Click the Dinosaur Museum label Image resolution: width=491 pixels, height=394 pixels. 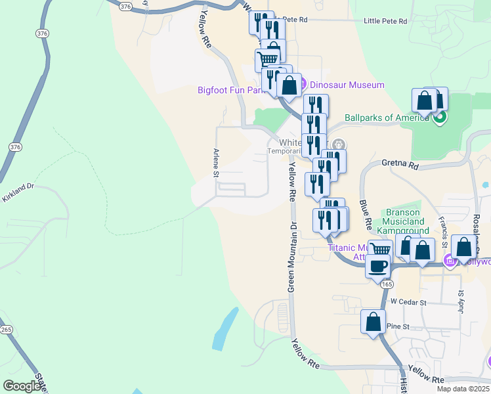pos(347,85)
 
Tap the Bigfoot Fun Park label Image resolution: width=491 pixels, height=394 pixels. pos(230,90)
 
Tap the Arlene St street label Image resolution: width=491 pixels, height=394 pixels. pos(215,163)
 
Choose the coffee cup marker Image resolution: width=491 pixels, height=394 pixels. pos(378,266)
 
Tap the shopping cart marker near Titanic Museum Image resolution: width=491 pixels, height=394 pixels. pos(380,250)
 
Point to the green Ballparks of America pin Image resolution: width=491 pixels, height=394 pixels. pos(440,118)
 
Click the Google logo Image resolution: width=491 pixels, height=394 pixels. pos(22,386)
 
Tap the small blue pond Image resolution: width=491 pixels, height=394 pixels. pos(225,328)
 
